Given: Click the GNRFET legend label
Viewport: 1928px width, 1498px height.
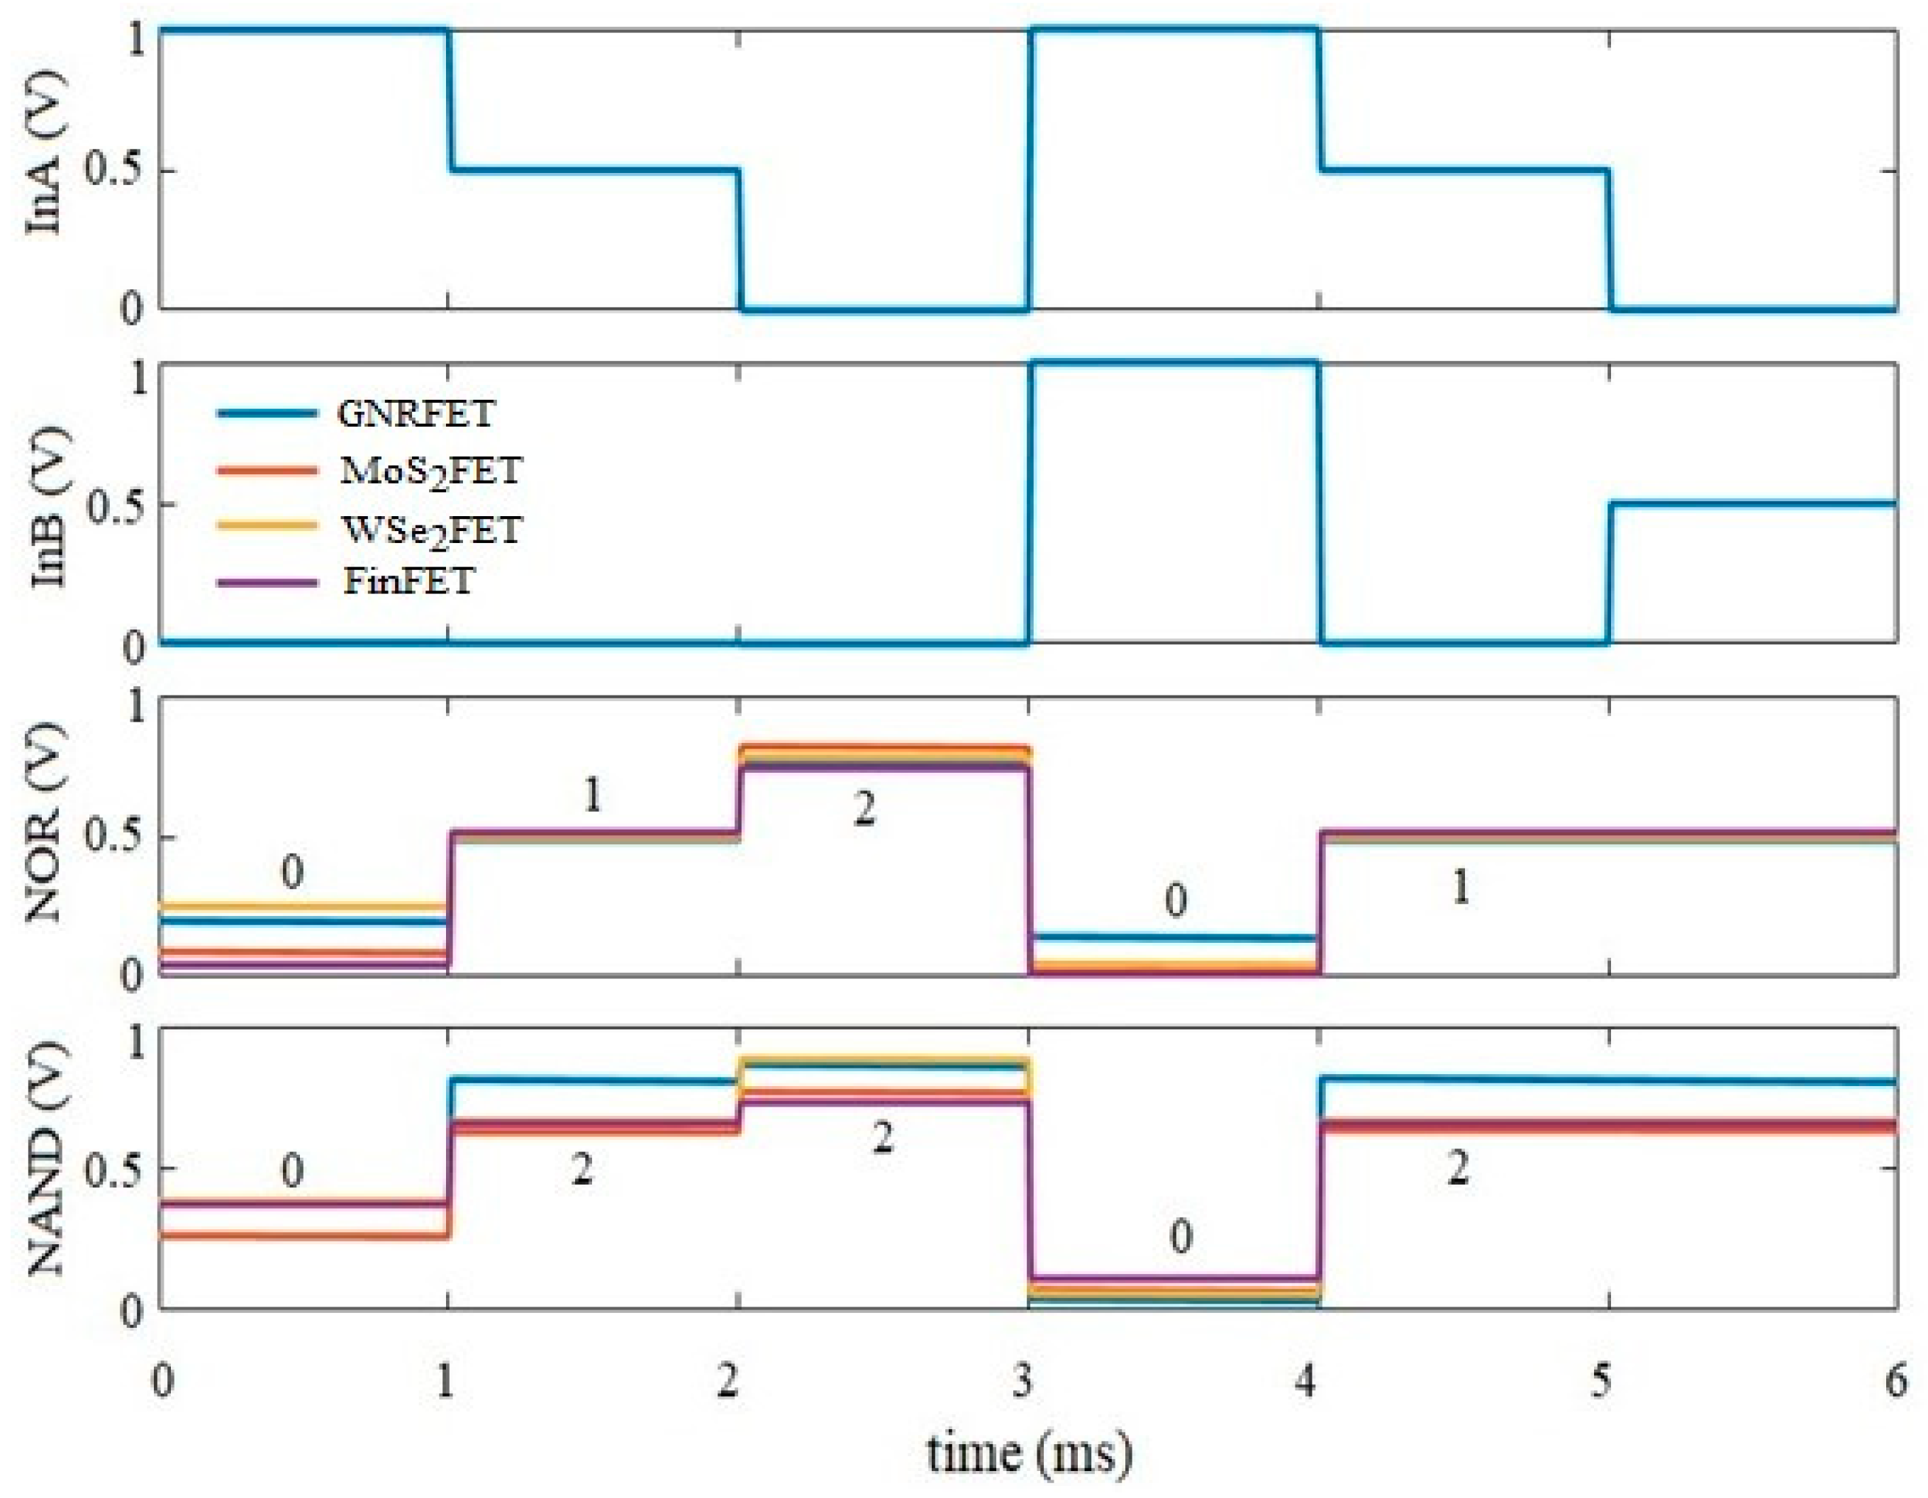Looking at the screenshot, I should point(416,413).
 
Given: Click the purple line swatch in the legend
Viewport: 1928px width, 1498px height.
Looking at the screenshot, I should point(267,583).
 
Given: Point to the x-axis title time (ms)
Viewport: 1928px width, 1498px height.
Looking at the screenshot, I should point(1028,1452).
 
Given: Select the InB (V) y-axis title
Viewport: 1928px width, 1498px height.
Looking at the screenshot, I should point(48,508).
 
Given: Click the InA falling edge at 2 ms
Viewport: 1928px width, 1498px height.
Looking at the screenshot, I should point(740,240).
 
